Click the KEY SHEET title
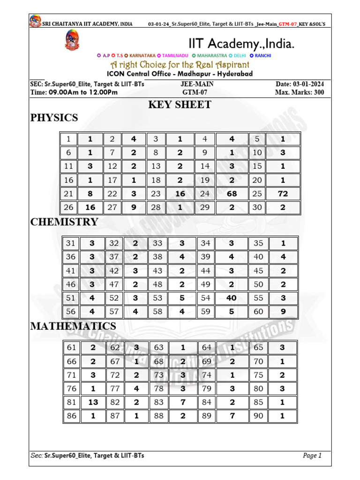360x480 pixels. click(180, 105)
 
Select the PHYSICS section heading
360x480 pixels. click(54, 118)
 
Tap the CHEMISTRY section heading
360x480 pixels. click(64, 222)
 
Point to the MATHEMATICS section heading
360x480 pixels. click(73, 326)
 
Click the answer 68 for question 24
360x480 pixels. click(231, 194)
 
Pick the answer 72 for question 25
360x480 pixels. click(282, 194)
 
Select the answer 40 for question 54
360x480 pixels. click(231, 298)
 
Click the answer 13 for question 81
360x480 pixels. click(93, 402)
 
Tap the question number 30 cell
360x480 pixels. click(257, 207)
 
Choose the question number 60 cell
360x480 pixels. click(258, 311)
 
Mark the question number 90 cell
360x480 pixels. click(258, 415)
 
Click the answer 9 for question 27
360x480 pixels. click(134, 207)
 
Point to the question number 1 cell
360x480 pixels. click(68, 139)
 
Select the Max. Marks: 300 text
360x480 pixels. click(300, 92)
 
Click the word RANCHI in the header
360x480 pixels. click(263, 56)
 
